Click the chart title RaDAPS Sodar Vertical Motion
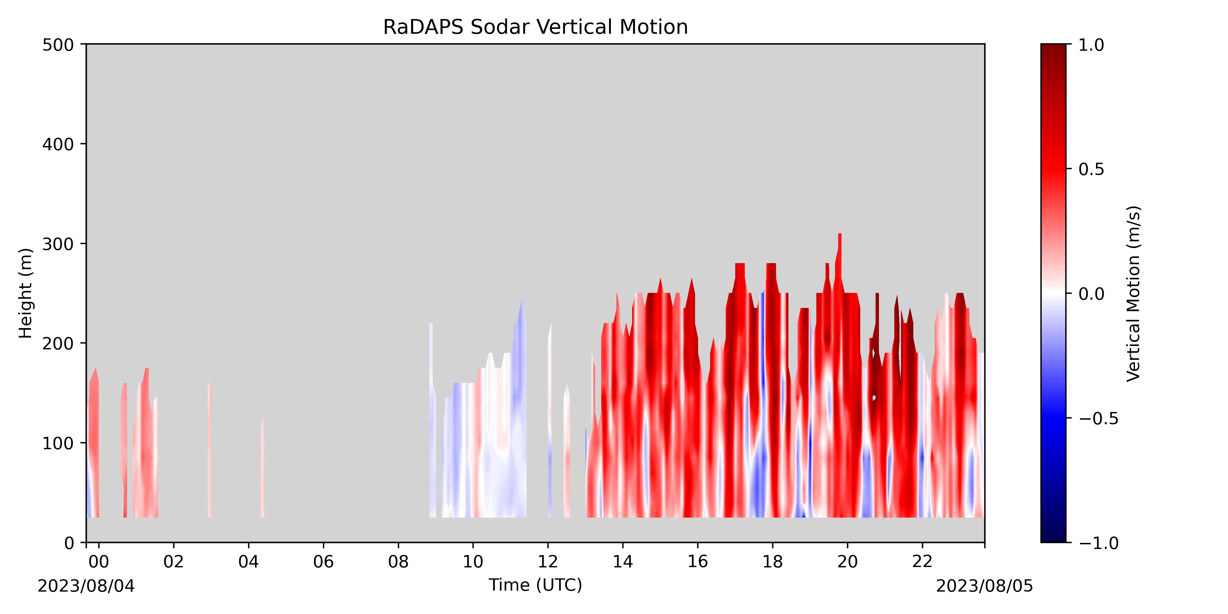pyautogui.click(x=535, y=27)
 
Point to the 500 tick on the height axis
pyautogui.click(x=58, y=45)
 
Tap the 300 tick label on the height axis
pyautogui.click(x=58, y=244)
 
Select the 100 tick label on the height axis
pyautogui.click(x=58, y=443)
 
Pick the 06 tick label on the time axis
pyautogui.click(x=323, y=562)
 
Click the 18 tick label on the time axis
pyautogui.click(x=772, y=562)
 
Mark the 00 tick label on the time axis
pyautogui.click(x=99, y=562)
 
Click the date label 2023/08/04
pyautogui.click(x=86, y=586)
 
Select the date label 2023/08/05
pyautogui.click(x=985, y=586)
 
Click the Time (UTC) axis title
pyautogui.click(x=535, y=585)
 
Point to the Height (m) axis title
pyautogui.click(x=26, y=293)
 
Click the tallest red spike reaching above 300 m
pyautogui.click(x=839, y=258)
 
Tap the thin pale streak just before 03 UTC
pyautogui.click(x=210, y=449)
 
